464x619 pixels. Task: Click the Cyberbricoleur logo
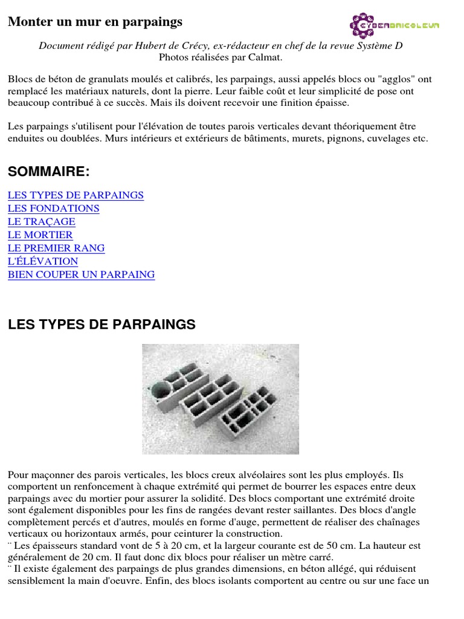(395, 25)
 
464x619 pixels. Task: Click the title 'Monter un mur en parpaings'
(95, 22)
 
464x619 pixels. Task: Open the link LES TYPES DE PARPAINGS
(76, 195)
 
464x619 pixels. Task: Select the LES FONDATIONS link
(53, 209)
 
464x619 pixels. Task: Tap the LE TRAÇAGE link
(41, 222)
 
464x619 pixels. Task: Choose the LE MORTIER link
(40, 235)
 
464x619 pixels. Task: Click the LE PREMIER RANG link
(56, 248)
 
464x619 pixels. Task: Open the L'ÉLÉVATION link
(43, 262)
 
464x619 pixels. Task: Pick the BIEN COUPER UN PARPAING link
(81, 275)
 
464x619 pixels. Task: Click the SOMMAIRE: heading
(48, 172)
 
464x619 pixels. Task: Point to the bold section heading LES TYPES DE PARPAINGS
(101, 325)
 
